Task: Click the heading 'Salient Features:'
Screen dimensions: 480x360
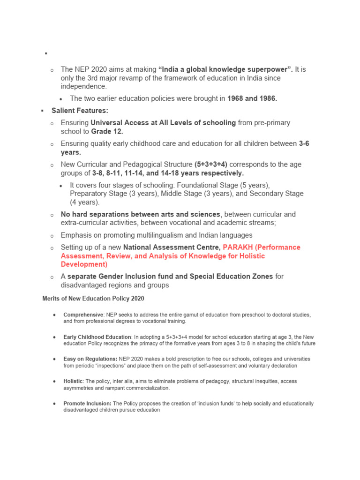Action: (80, 111)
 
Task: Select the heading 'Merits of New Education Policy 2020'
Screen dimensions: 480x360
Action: (93, 298)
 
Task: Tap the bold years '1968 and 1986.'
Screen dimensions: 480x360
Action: (252, 98)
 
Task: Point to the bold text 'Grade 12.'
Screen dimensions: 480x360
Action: (107, 131)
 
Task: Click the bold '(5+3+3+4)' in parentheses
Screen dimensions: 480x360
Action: (211, 165)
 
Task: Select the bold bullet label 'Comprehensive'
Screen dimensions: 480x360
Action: (83, 315)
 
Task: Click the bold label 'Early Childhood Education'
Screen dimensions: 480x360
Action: (97, 337)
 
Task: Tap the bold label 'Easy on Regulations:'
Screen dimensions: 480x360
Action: (90, 359)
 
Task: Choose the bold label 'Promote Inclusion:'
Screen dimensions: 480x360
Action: (88, 404)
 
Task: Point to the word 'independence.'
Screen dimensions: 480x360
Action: (83, 86)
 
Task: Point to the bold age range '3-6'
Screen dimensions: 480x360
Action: (304, 144)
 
